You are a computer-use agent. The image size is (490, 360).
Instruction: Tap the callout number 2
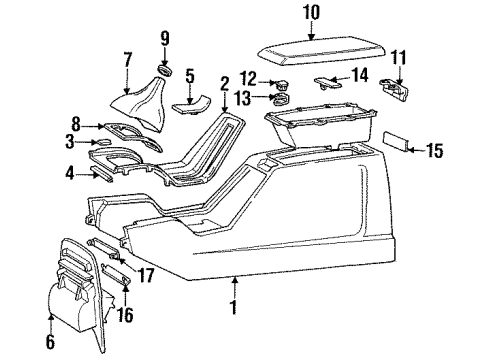click(x=224, y=84)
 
